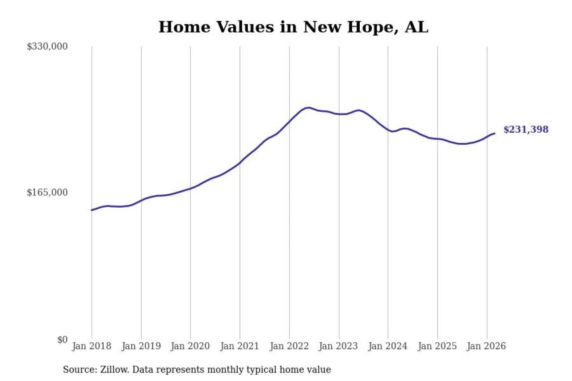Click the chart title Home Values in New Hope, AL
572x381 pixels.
click(293, 27)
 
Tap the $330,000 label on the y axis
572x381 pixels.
click(47, 46)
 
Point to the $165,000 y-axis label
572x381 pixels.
click(47, 193)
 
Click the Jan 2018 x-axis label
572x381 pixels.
click(92, 346)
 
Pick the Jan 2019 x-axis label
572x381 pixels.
click(141, 346)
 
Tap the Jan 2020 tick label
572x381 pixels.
click(190, 346)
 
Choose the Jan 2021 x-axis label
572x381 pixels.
click(240, 346)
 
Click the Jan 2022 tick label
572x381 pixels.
click(289, 346)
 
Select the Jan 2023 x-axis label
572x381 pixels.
click(339, 346)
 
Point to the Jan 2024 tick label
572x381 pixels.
click(388, 346)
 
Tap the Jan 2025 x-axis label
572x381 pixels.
click(437, 346)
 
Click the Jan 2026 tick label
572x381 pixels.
click(487, 346)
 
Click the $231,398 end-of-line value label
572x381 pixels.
click(526, 130)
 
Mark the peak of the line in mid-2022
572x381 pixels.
click(308, 108)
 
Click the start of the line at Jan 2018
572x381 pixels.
click(92, 210)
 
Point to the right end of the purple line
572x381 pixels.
click(494, 133)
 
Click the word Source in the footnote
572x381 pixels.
click(76, 370)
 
